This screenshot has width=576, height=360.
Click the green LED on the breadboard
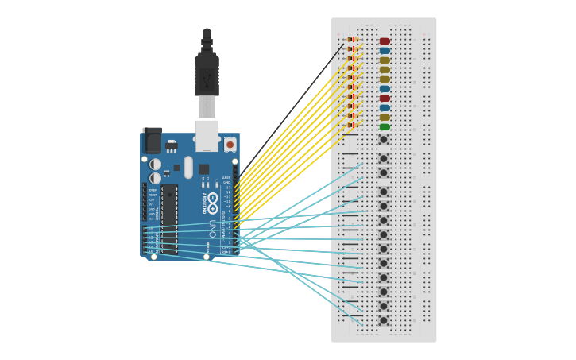pos(385,127)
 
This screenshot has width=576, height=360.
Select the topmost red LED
pos(385,41)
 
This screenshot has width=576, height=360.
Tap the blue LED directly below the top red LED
pos(385,51)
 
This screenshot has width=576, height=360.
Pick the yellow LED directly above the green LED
pos(385,118)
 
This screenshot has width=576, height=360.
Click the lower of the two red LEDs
pos(385,99)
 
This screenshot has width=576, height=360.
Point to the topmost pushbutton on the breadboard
pos(384,140)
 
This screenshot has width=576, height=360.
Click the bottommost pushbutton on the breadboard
pos(384,320)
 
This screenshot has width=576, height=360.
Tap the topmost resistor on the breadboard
pos(352,40)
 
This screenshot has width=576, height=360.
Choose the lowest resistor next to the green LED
pos(352,125)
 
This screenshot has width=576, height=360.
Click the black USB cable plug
pos(207,75)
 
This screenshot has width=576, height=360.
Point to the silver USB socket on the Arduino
pos(207,134)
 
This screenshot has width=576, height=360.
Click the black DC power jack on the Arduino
pos(152,141)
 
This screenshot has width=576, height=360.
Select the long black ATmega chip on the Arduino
pos(169,219)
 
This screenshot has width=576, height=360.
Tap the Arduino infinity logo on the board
pos(212,198)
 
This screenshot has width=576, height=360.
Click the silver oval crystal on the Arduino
pos(188,167)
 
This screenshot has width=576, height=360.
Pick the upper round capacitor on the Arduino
pos(155,165)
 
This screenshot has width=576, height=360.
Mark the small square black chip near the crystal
pos(204,168)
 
